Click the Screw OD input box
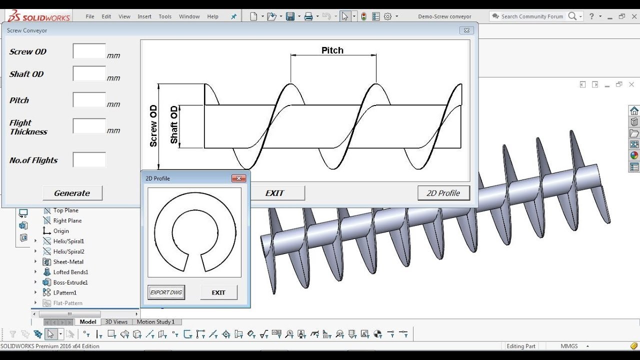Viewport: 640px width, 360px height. (89, 51)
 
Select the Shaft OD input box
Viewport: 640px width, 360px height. (89, 73)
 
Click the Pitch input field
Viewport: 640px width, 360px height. (89, 99)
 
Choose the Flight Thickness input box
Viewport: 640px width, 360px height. (89, 126)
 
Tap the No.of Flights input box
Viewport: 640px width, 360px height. (89, 160)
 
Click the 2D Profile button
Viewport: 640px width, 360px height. (443, 193)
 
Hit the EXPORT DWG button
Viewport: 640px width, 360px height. (166, 292)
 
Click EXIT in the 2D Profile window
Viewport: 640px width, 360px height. (218, 292)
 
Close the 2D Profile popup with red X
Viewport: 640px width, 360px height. (238, 178)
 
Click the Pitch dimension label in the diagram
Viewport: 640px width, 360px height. (332, 50)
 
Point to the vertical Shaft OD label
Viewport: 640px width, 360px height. (174, 125)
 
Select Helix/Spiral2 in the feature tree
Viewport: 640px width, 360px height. (68, 251)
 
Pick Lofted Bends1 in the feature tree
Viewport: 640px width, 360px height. (70, 272)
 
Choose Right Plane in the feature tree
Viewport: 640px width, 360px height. (67, 220)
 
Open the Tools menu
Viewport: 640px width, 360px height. (165, 16)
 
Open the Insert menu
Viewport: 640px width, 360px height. (144, 16)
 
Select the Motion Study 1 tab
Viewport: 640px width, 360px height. (155, 322)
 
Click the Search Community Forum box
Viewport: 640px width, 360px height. (532, 16)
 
